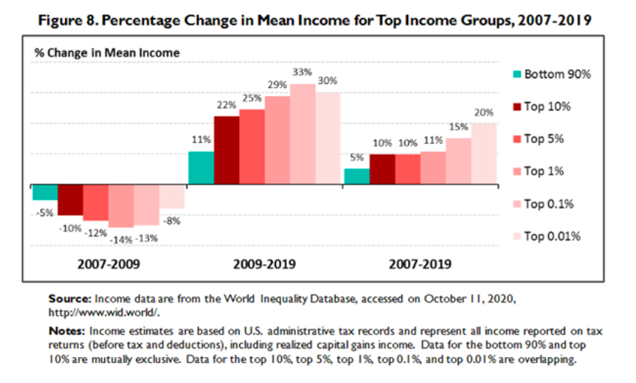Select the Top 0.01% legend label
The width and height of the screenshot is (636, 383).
pyautogui.click(x=553, y=236)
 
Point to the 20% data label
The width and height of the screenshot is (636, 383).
pyautogui.click(x=484, y=113)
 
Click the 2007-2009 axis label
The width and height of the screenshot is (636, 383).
pyautogui.click(x=108, y=263)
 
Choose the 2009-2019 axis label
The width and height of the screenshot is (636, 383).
pyautogui.click(x=264, y=263)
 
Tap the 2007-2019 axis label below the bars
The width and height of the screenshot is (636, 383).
pyautogui.click(x=420, y=263)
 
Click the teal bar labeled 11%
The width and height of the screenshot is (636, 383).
pyautogui.click(x=201, y=169)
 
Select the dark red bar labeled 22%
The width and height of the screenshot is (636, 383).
pyautogui.click(x=227, y=151)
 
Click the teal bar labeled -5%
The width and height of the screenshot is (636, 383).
pyautogui.click(x=45, y=193)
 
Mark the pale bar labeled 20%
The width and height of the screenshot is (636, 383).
pyautogui.click(x=484, y=155)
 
